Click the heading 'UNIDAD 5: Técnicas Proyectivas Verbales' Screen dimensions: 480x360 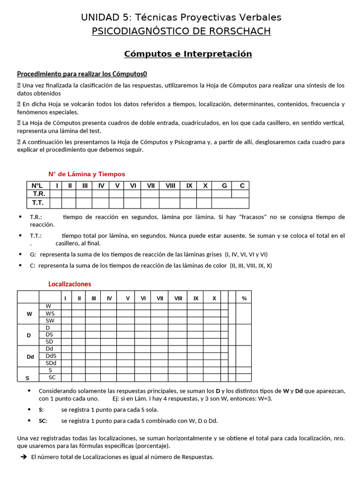point(181,17)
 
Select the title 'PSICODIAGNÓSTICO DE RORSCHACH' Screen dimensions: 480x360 point(181,31)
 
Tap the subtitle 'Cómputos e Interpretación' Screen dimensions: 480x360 point(188,54)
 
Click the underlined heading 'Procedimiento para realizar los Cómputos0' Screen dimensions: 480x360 point(82,74)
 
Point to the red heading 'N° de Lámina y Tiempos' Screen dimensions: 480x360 point(87,174)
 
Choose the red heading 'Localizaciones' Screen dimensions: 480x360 point(70,284)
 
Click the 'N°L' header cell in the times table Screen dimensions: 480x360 point(37,186)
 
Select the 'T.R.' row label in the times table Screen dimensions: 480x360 point(38,194)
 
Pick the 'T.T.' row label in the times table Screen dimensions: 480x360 point(38,202)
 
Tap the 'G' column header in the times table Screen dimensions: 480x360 point(224,186)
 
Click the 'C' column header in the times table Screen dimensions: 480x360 point(242,186)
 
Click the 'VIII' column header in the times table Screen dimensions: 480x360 point(170,186)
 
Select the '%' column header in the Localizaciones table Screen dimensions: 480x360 point(244,298)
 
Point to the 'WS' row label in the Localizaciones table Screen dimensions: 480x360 point(50,313)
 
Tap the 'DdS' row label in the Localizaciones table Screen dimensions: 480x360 point(51,356)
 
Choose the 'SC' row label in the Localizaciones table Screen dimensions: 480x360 point(52,377)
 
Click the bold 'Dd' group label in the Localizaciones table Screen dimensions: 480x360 point(30,357)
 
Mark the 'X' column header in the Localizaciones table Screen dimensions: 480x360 point(214,298)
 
